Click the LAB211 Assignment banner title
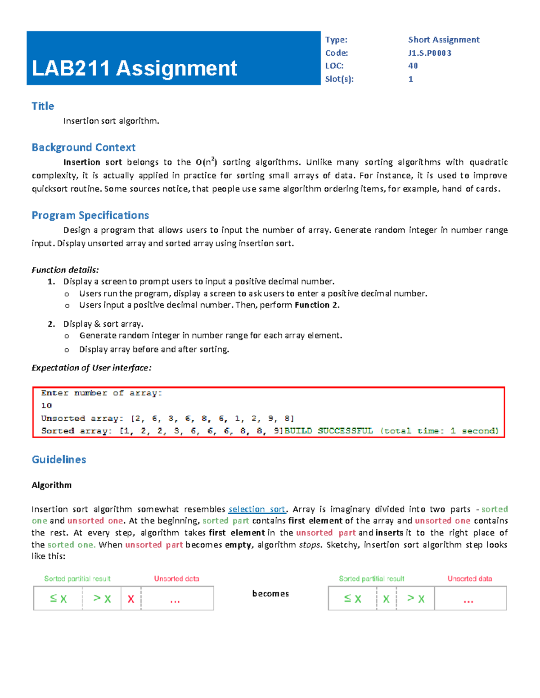[x=134, y=68]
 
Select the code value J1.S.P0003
[x=429, y=53]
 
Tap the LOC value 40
[x=413, y=66]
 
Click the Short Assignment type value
[x=443, y=40]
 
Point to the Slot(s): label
[x=339, y=79]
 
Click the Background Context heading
[x=83, y=147]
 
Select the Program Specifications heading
[x=90, y=215]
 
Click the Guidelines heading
[x=58, y=459]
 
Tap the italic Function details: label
[x=65, y=270]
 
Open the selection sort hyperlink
[x=256, y=509]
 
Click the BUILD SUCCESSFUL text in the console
[x=328, y=431]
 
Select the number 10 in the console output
[x=46, y=405]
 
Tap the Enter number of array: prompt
[x=101, y=393]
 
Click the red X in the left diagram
[x=131, y=599]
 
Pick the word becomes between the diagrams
[x=270, y=594]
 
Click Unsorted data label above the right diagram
[x=469, y=579]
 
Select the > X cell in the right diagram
[x=415, y=599]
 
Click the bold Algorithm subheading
[x=51, y=485]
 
